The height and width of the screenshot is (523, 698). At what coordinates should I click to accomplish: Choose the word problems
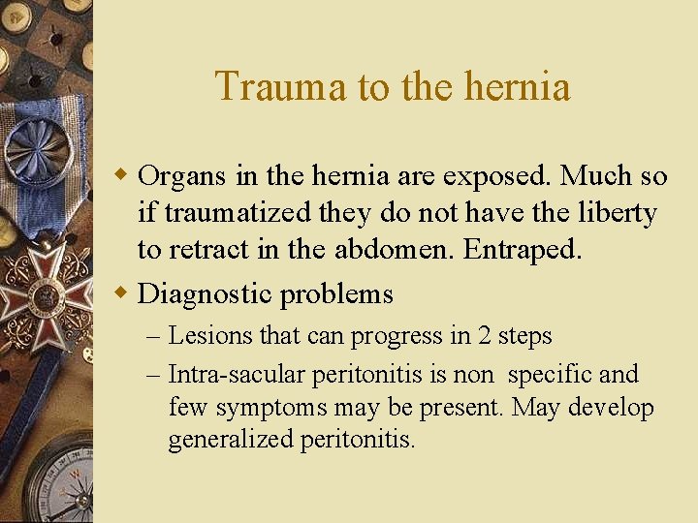336,293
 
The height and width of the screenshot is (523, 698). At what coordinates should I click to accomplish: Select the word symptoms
268,408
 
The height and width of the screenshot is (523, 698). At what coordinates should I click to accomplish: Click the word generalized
231,441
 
